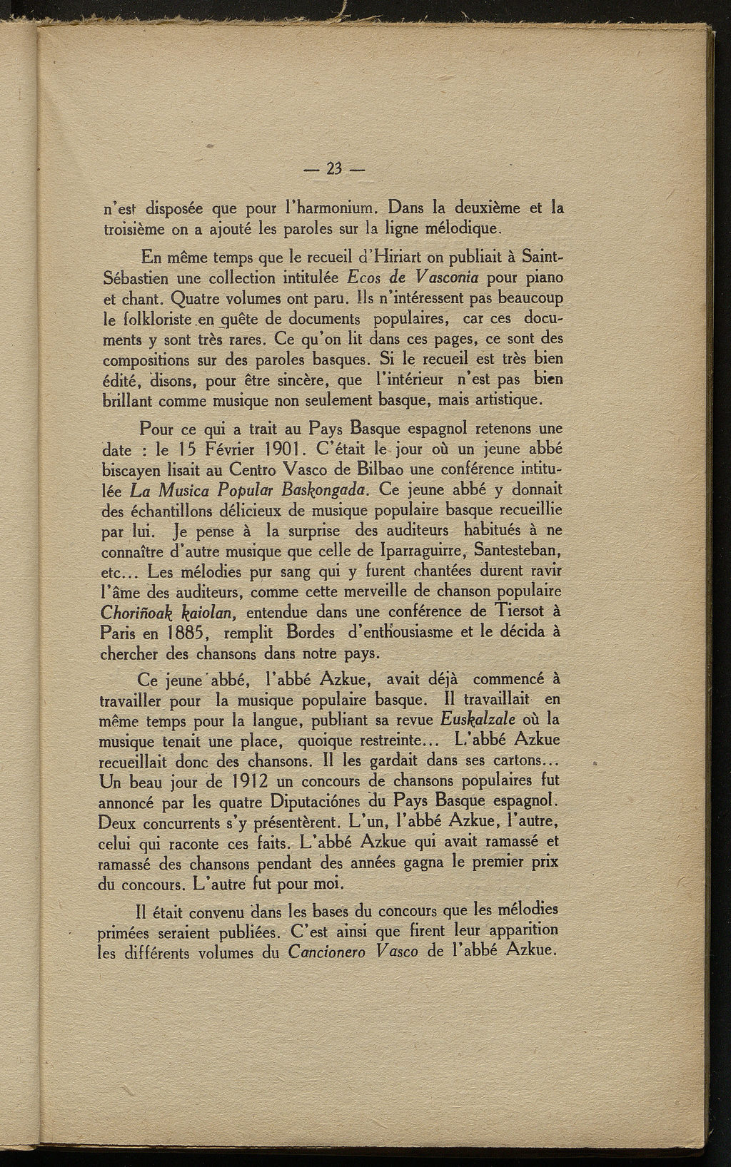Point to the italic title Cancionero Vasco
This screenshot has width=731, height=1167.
[x=353, y=952]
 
